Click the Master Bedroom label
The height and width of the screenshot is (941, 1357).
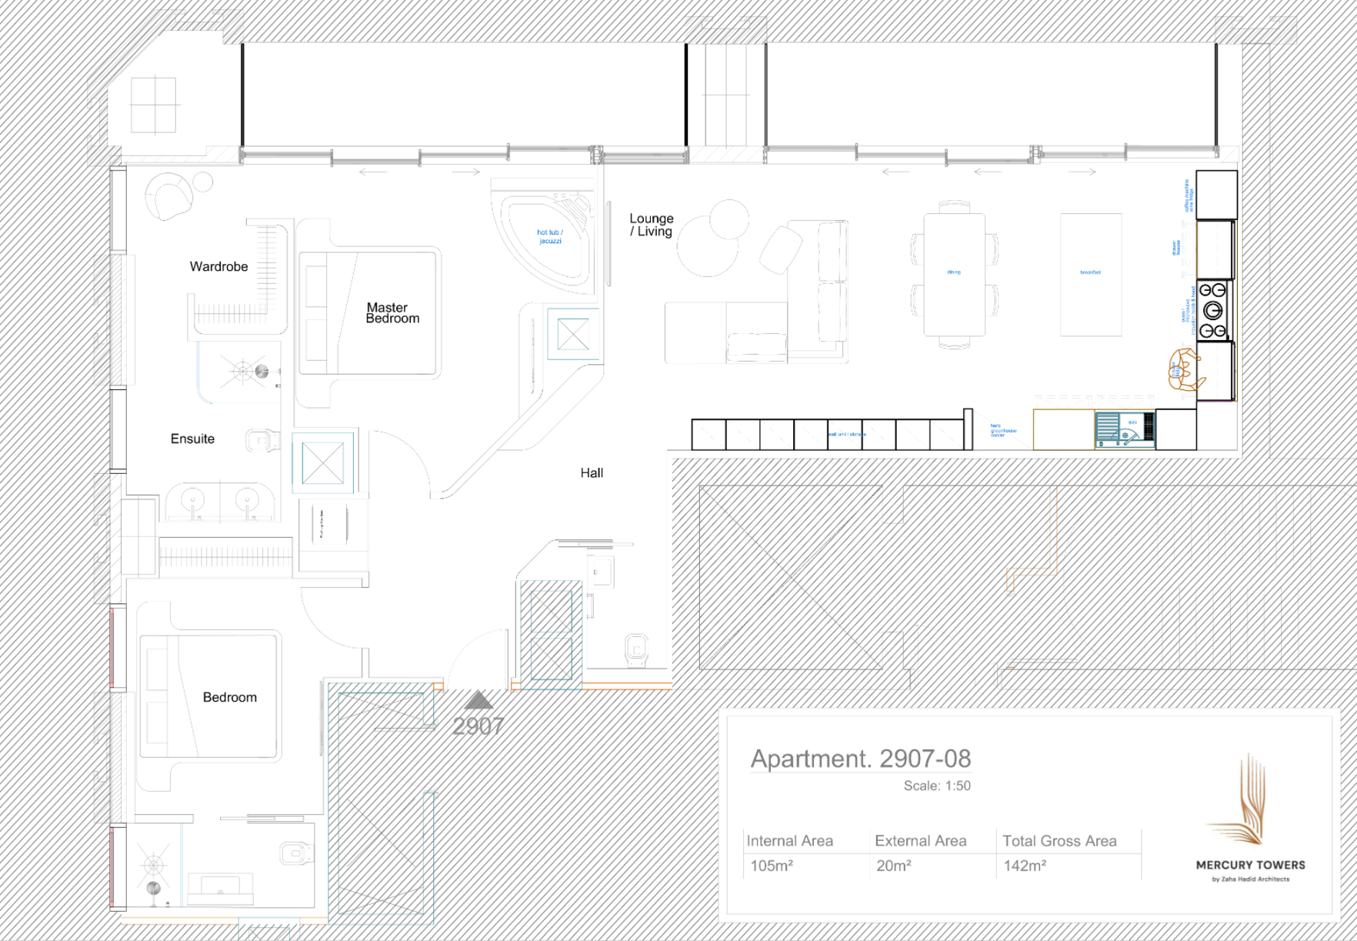(x=392, y=313)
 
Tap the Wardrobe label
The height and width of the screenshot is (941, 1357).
(x=218, y=267)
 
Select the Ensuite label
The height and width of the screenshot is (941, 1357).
(x=192, y=439)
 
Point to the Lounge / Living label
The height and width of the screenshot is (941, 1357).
(x=651, y=225)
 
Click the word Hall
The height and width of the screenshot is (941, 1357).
(x=592, y=473)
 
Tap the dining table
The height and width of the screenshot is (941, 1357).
(x=954, y=274)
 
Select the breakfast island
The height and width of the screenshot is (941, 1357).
(x=1090, y=274)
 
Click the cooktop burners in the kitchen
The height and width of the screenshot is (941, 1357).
(x=1213, y=311)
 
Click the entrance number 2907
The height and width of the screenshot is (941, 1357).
(x=478, y=726)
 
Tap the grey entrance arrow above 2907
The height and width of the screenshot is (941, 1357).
(x=478, y=699)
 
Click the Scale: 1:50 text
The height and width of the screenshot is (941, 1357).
(x=936, y=786)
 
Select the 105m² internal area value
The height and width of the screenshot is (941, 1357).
(x=771, y=866)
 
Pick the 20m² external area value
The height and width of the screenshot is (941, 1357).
(x=893, y=866)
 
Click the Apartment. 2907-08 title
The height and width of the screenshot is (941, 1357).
(x=860, y=759)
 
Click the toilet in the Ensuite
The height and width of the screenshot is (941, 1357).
(x=260, y=441)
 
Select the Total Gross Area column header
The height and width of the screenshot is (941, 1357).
(x=1059, y=841)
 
